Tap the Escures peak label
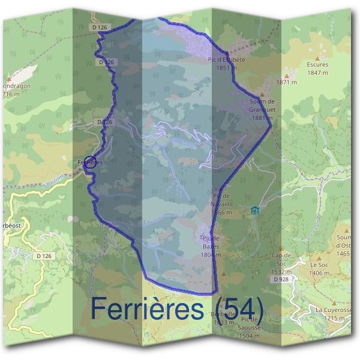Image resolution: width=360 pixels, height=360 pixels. coord(317,68)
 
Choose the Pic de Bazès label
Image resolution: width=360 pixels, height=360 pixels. coord(212,246)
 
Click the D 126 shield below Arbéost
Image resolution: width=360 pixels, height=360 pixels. coord(44,256)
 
